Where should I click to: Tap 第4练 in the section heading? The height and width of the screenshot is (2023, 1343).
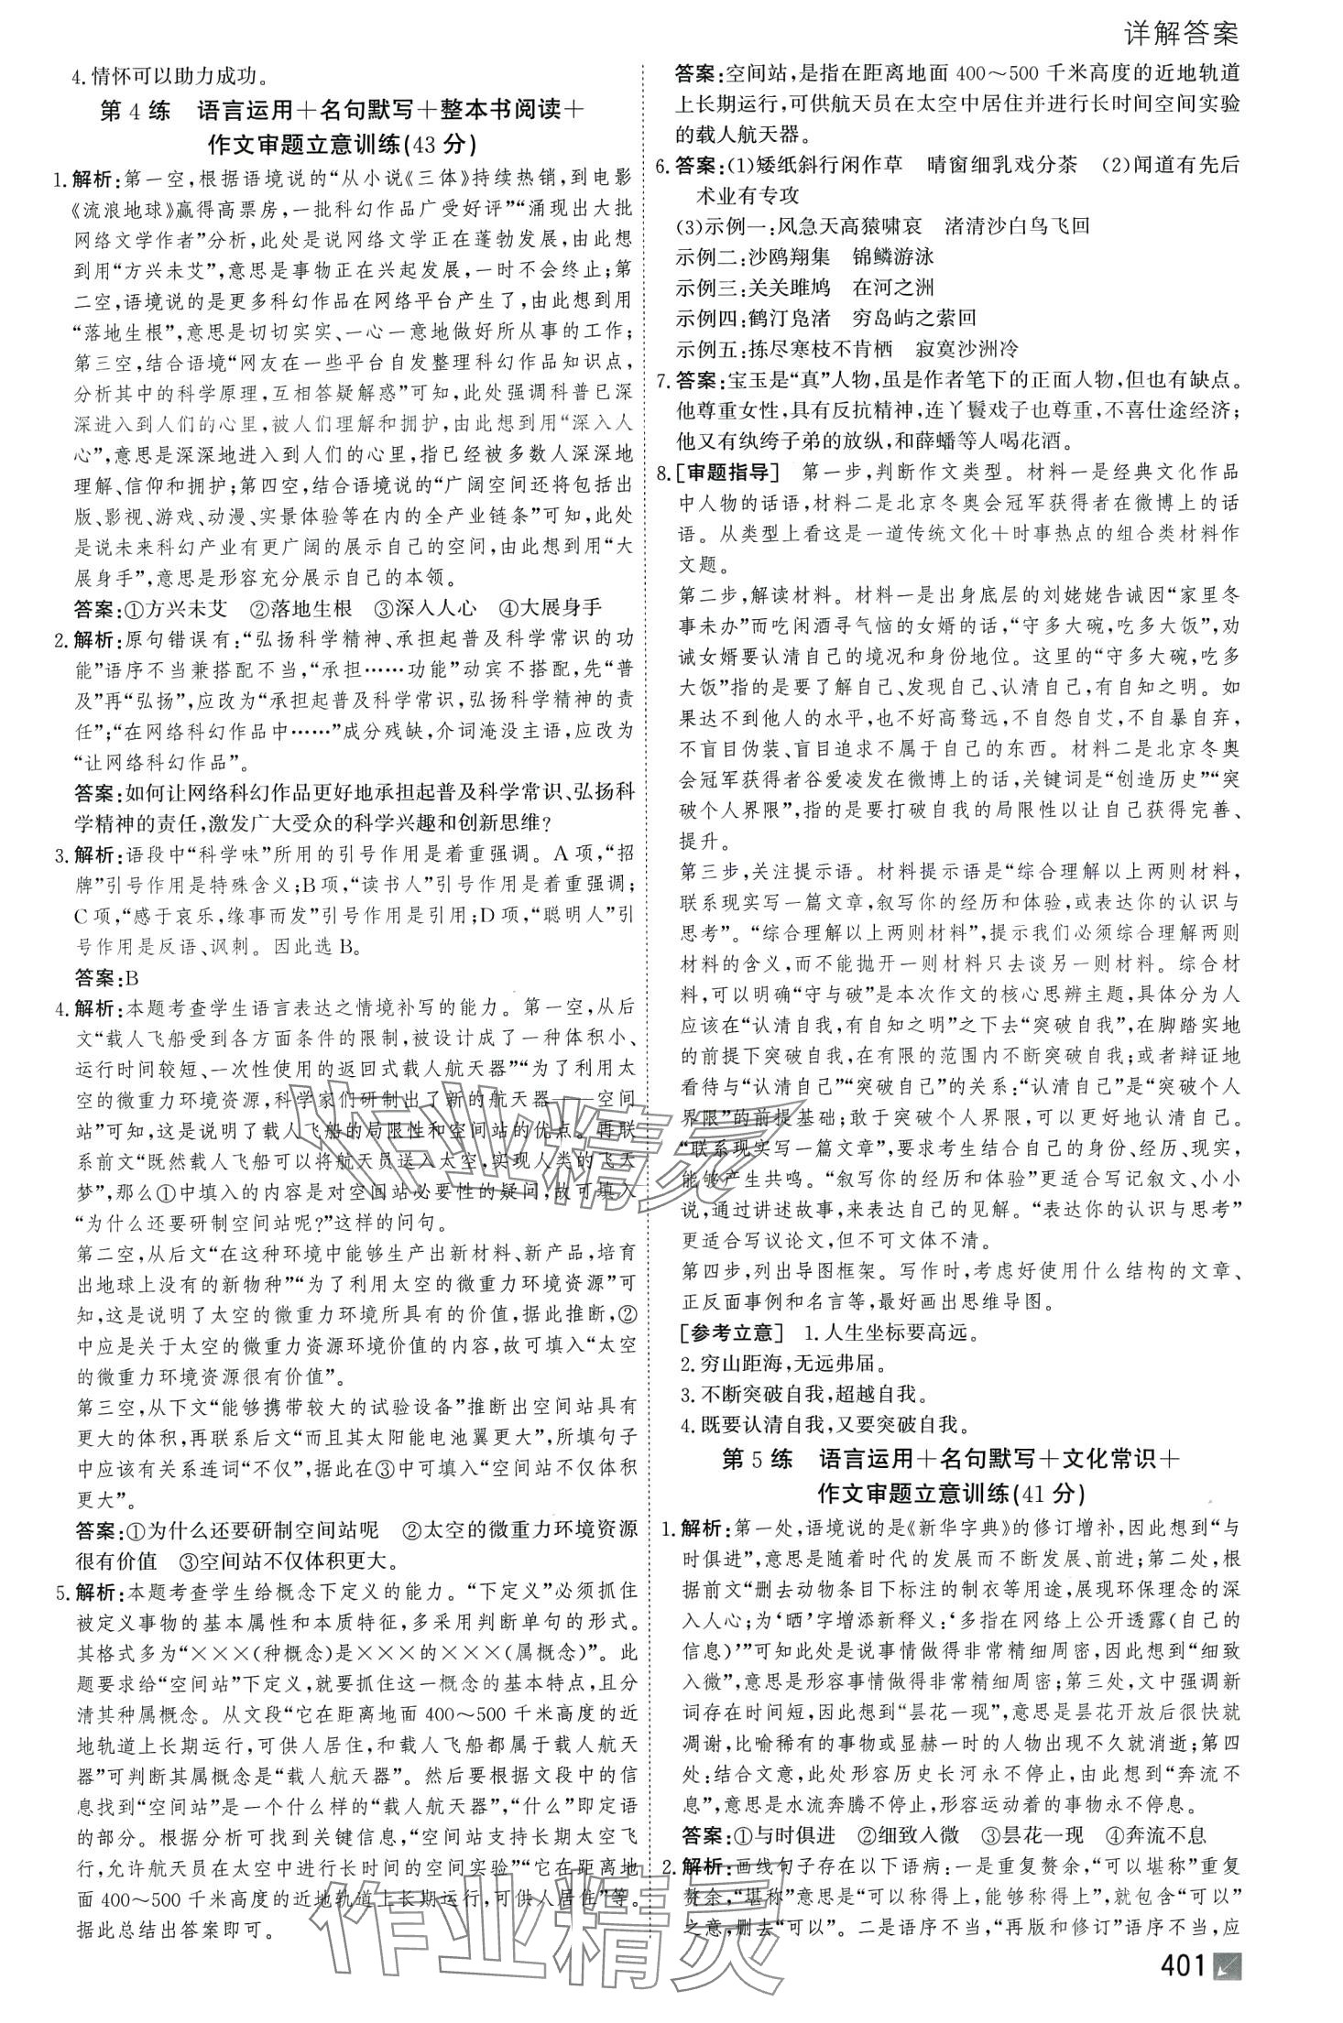point(135,112)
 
